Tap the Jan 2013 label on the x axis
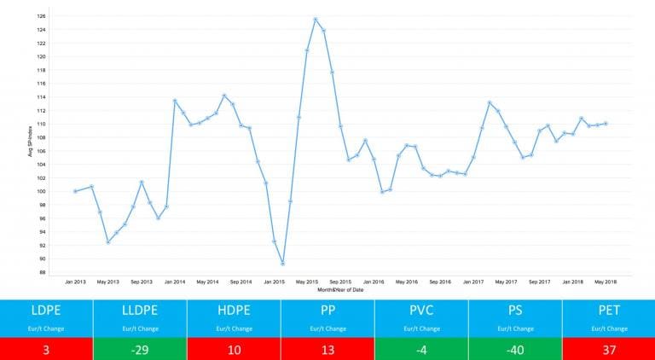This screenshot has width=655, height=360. [x=75, y=282]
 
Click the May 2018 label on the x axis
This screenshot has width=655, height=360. [x=605, y=282]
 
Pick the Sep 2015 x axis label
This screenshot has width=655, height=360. [x=339, y=282]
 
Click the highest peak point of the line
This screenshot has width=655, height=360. [x=316, y=19]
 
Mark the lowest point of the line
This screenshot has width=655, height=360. [x=282, y=264]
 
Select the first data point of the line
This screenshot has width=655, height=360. [x=75, y=191]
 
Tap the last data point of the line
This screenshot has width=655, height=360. [x=605, y=124]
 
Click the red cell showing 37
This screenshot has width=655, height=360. [x=609, y=349]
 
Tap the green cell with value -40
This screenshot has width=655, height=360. [x=515, y=349]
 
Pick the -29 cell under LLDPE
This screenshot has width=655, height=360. [x=140, y=349]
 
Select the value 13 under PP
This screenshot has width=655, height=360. [x=327, y=349]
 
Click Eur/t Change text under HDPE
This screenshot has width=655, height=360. [x=234, y=328]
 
